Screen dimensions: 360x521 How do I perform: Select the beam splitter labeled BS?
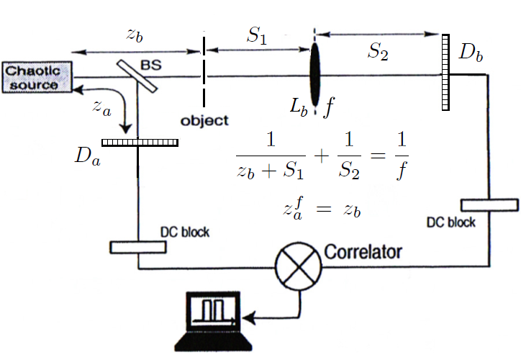(x=136, y=76)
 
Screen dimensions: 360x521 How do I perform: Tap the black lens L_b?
(x=315, y=75)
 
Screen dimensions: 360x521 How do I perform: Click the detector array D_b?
(x=445, y=72)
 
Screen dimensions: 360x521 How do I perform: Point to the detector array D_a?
(x=140, y=143)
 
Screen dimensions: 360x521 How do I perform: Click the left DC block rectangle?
(x=137, y=247)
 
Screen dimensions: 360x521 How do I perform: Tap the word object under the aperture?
(x=204, y=120)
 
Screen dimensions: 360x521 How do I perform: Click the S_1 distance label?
(x=257, y=37)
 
